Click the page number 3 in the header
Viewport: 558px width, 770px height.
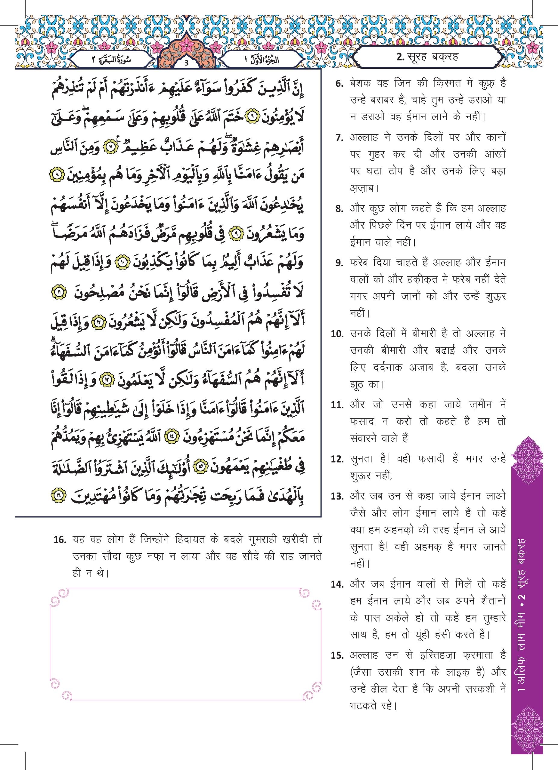click(x=186, y=63)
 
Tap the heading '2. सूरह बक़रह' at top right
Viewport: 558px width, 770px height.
click(x=427, y=57)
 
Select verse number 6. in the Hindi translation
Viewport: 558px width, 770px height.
click(x=339, y=84)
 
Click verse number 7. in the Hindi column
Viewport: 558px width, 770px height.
click(x=339, y=138)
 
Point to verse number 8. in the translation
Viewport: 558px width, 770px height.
click(x=339, y=209)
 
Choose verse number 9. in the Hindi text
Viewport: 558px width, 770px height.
click(x=339, y=263)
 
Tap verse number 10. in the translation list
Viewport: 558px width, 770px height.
click(x=337, y=334)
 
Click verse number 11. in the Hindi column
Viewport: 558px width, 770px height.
click(x=337, y=405)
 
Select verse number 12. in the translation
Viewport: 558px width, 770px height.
click(x=337, y=459)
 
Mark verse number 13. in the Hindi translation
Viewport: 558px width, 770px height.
click(x=337, y=496)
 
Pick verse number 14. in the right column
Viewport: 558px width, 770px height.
click(x=337, y=584)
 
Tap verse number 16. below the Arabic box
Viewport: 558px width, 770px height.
click(x=60, y=540)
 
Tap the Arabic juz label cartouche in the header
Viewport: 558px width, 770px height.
click(x=262, y=60)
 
